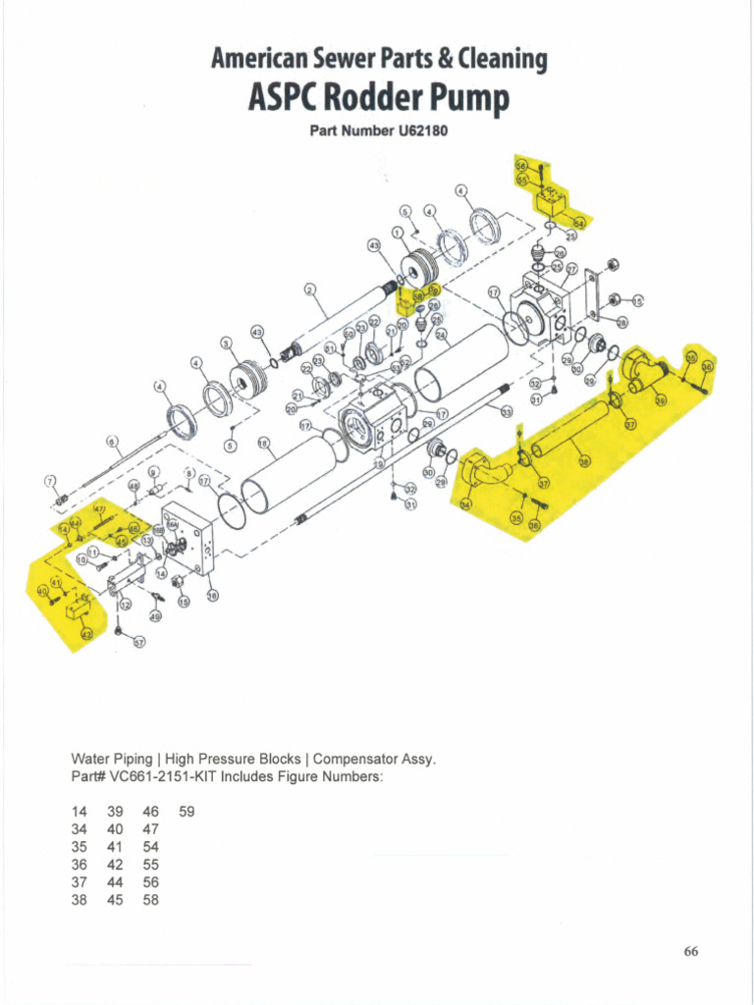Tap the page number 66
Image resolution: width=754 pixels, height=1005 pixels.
click(690, 951)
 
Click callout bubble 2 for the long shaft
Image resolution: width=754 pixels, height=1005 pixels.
click(309, 290)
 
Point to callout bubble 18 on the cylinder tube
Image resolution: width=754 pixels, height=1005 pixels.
click(262, 444)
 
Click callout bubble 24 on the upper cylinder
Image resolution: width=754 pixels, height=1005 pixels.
click(442, 334)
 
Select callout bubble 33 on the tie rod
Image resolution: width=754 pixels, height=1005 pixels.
click(507, 413)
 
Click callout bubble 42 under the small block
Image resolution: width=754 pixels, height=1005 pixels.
click(85, 636)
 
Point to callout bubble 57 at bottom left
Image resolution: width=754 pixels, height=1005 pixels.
click(139, 643)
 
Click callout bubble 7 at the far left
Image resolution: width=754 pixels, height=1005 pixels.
click(49, 480)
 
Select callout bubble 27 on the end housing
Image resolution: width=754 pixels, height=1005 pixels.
click(570, 268)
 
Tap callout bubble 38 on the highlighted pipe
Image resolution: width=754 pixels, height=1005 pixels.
click(584, 461)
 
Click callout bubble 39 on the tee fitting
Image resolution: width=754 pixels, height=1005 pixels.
click(660, 400)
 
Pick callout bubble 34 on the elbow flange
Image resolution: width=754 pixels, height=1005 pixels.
click(465, 503)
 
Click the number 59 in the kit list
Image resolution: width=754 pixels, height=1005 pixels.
click(188, 812)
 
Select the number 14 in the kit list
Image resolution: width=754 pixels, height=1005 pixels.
click(80, 812)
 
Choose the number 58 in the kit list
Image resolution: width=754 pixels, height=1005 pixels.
click(150, 900)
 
